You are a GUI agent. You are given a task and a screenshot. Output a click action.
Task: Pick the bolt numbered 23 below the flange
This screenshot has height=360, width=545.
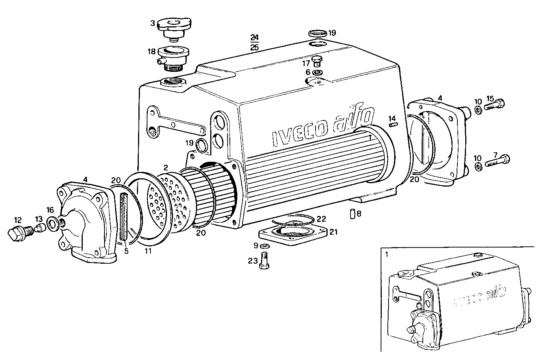tap(264, 261)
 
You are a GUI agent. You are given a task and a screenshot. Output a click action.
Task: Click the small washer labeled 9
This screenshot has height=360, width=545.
tap(264, 246)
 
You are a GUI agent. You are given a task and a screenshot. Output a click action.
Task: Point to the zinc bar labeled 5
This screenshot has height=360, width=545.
tap(124, 216)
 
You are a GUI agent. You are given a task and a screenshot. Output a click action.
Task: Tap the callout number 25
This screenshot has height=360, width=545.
tap(255, 47)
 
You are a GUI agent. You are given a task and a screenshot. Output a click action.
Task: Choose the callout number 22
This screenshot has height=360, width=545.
tap(321, 219)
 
